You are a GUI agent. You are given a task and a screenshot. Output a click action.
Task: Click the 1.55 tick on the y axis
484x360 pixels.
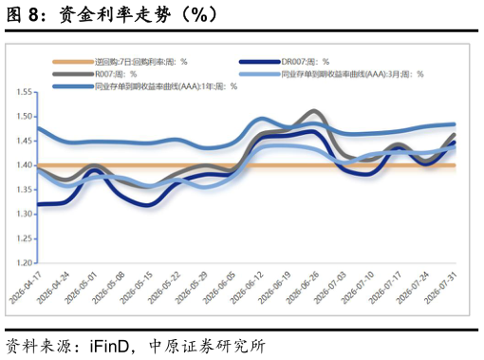pos(25,92)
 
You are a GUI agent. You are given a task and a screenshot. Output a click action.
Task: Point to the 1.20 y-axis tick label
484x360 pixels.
pos(25,263)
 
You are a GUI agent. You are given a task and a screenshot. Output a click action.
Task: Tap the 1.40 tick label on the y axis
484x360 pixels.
pos(25,165)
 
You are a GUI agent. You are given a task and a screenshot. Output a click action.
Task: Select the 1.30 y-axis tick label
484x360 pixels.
pos(25,214)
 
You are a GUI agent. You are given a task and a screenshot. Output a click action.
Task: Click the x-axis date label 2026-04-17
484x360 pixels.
pos(26,288)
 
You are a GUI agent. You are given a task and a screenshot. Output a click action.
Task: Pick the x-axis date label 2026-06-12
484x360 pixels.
pos(247,288)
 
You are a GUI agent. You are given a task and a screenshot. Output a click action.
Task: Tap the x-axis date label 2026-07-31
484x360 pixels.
pos(441,288)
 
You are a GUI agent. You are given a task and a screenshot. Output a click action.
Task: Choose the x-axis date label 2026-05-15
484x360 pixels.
pos(137,288)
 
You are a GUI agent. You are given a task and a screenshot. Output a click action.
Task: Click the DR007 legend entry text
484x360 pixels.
pos(306,62)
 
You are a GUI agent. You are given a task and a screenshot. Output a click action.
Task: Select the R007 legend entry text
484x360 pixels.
pos(116,74)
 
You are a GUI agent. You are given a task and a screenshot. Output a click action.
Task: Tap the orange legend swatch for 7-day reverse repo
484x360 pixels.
pos(73,62)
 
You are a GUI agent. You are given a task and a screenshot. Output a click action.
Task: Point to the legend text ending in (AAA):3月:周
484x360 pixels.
pos(352,74)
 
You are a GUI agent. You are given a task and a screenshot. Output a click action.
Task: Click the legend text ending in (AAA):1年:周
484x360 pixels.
pos(166,86)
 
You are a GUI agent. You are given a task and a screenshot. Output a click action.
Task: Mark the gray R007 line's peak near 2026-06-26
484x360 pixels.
pos(314,111)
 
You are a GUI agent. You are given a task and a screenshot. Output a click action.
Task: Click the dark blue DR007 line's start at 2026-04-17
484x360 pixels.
pos(38,204)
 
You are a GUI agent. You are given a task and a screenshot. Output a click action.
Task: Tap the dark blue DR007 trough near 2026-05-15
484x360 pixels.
pos(147,205)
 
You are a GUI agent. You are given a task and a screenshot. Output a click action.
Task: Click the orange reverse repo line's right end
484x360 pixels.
pos(455,165)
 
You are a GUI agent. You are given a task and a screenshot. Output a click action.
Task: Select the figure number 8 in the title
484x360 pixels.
pos(33,14)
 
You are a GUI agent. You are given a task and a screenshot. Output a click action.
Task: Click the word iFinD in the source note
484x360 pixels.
pos(109,346)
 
